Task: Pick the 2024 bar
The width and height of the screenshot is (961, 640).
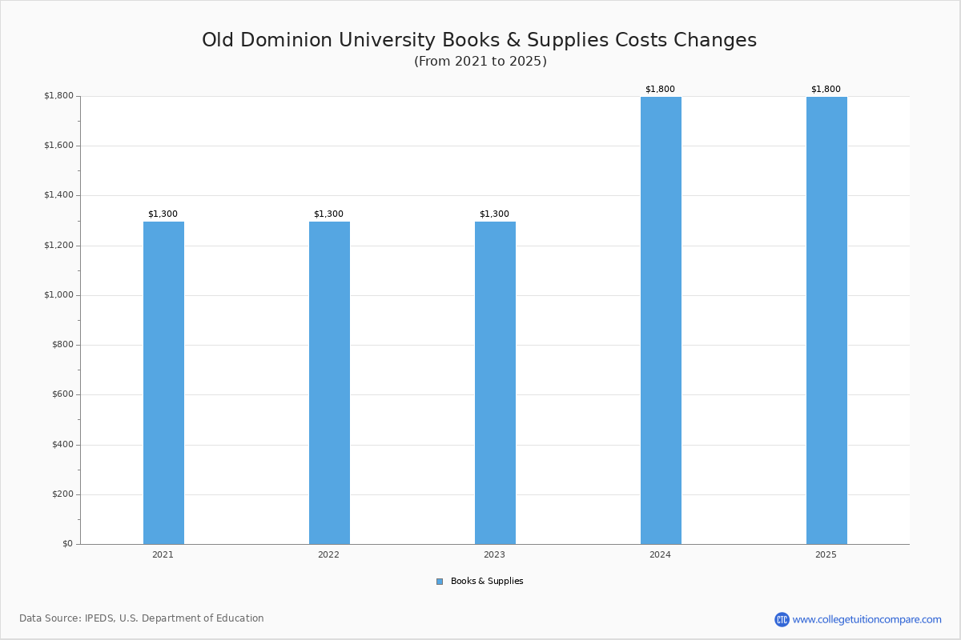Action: [661, 320]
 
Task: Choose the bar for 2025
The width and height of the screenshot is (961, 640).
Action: [826, 320]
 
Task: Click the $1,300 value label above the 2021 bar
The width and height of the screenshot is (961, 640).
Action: [163, 214]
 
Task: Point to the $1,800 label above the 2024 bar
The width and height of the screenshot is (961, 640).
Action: [660, 89]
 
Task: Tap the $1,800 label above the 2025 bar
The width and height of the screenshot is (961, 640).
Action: [826, 89]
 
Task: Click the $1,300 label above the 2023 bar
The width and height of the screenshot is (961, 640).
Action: [494, 214]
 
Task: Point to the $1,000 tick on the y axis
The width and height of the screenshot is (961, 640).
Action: [58, 295]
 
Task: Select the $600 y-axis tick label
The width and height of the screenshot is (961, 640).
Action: [62, 394]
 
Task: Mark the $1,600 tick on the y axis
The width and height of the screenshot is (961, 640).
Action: [58, 146]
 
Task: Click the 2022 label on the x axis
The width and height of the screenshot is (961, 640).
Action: [328, 554]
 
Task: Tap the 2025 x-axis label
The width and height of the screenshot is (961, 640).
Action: [826, 554]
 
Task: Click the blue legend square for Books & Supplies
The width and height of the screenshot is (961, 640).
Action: [440, 582]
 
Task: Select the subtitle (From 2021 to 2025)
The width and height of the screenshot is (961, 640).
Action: [480, 62]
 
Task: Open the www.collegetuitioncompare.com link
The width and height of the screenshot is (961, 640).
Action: [867, 619]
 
